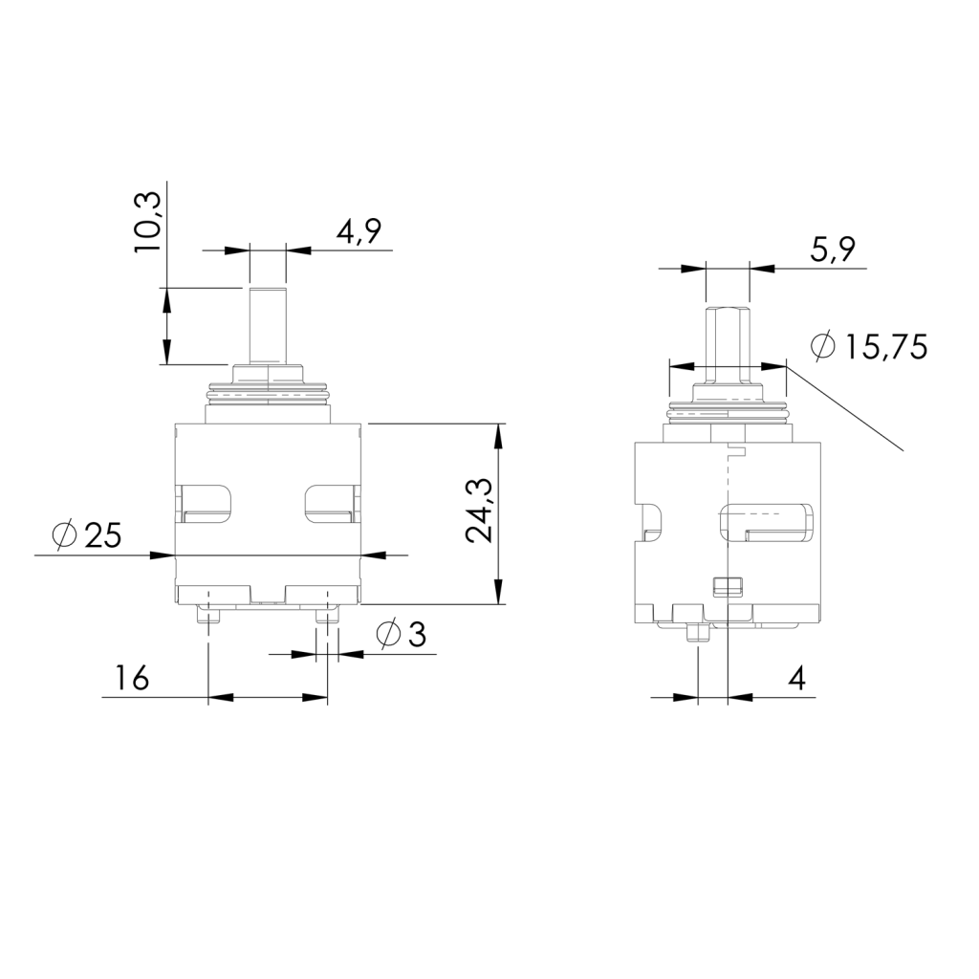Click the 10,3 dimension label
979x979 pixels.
pos(148,222)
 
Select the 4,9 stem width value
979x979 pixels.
pos(358,231)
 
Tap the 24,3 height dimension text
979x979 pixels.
pos(481,511)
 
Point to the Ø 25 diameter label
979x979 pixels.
pos(87,534)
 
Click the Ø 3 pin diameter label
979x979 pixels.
pos(401,635)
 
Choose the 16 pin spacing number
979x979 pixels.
pos(132,678)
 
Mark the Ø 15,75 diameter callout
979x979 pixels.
pos(869,346)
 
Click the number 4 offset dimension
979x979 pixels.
pos(796,678)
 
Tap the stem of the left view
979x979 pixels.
pos(268,325)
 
